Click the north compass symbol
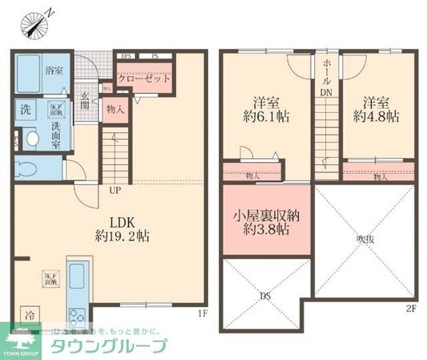pos(36,22)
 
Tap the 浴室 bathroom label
pos(54,71)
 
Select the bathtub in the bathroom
pos(34,71)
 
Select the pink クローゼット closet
pos(144,79)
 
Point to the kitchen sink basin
pos(78,280)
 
